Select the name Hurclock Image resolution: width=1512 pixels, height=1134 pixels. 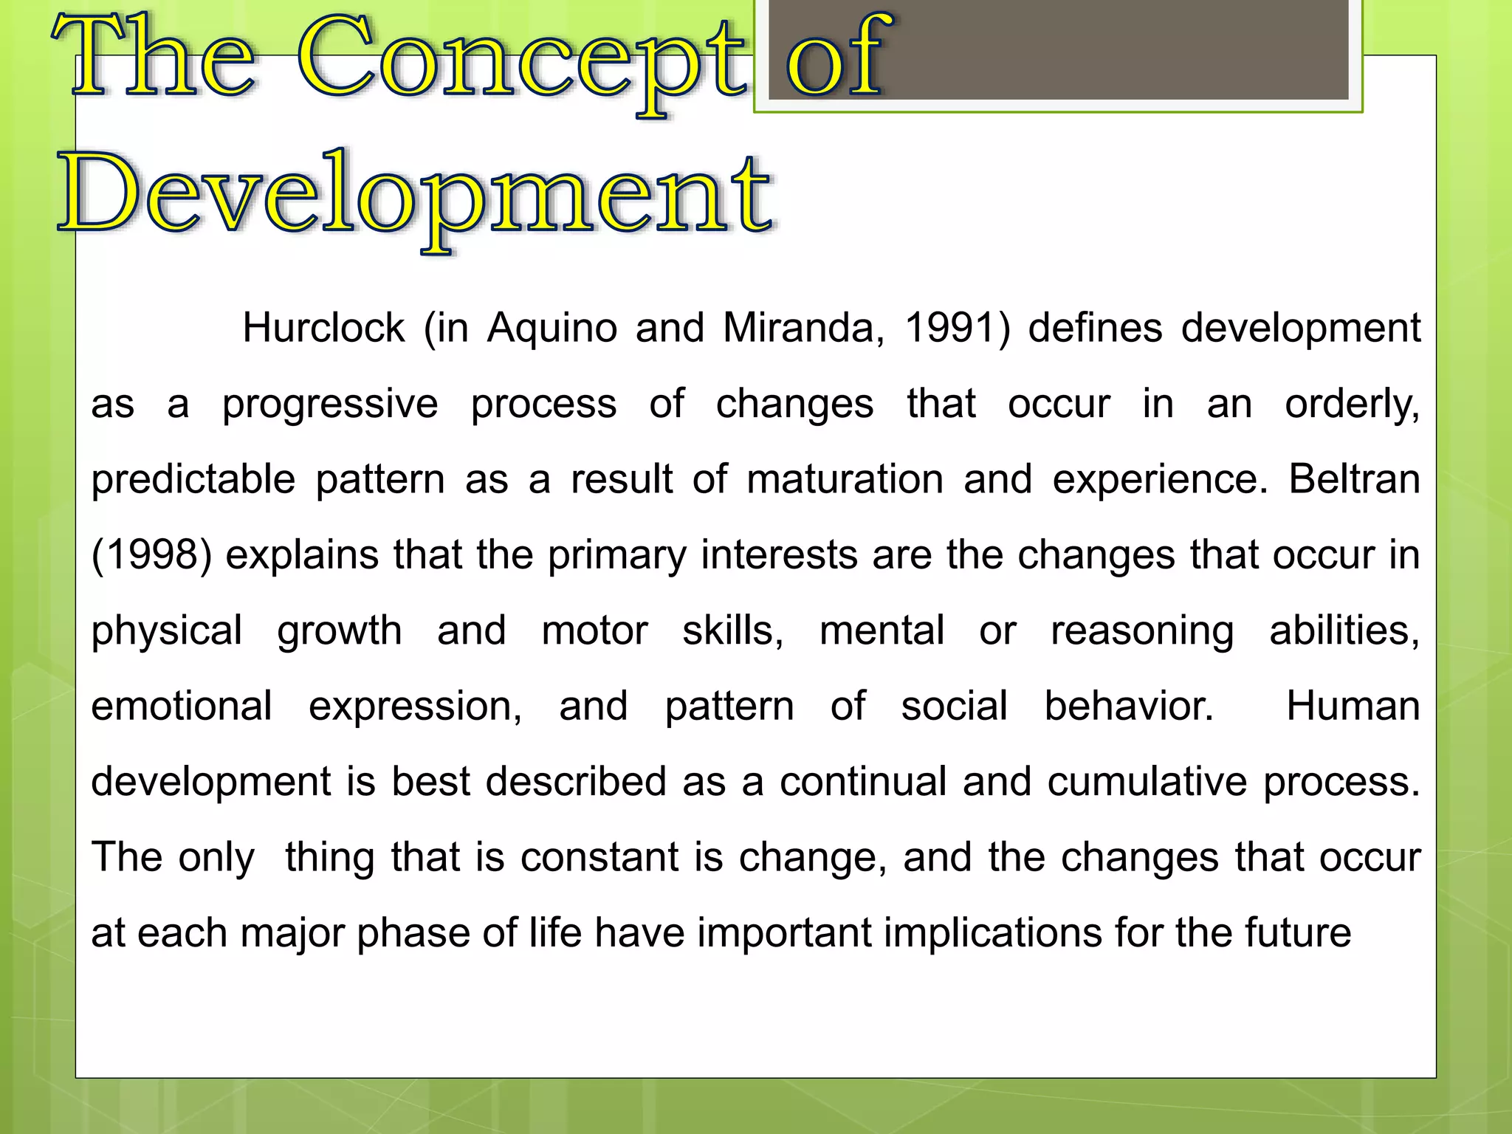click(323, 328)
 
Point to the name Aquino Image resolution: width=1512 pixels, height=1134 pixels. click(552, 328)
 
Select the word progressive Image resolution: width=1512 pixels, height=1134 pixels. click(330, 405)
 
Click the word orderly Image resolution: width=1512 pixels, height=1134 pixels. click(1352, 405)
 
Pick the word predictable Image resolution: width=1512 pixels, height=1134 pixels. click(193, 480)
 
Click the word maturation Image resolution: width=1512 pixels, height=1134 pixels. click(845, 480)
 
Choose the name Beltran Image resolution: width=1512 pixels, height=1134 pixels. click(1354, 480)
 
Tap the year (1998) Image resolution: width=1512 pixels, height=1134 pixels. click(151, 555)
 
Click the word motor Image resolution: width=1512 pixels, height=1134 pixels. click(594, 631)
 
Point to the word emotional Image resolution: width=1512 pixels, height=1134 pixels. click(182, 707)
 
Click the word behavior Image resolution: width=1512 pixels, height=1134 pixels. click(1129, 707)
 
